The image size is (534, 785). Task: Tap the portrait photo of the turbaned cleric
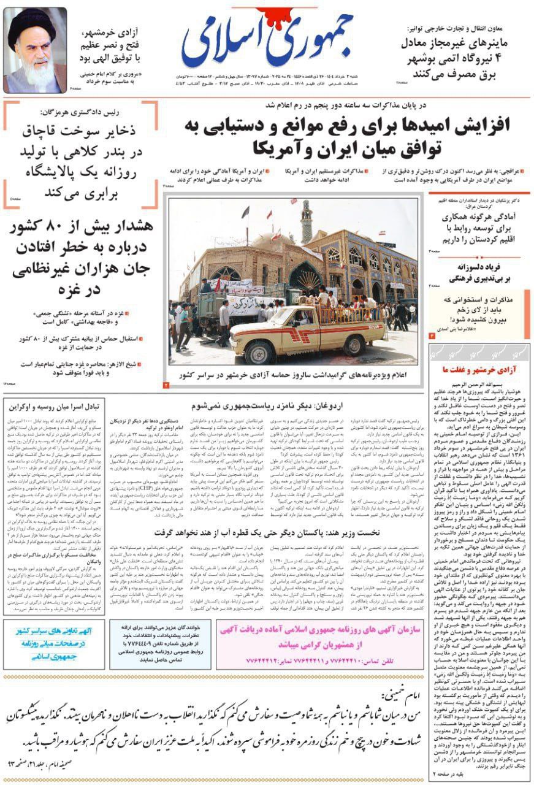35,49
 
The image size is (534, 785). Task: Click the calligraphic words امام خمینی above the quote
398,694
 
